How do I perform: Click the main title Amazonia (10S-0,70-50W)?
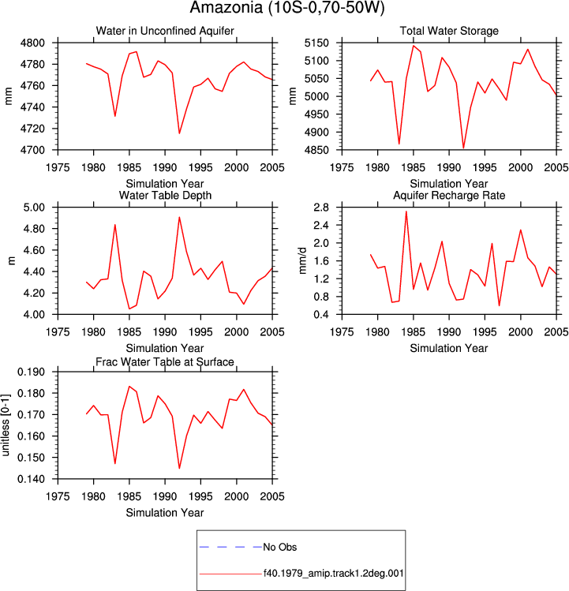pyautogui.click(x=287, y=8)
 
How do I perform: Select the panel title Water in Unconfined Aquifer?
pyautogui.click(x=165, y=31)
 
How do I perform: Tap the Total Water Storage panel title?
pyautogui.click(x=449, y=31)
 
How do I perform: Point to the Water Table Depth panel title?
pyautogui.click(x=165, y=195)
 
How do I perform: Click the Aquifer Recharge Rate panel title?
pyautogui.click(x=449, y=195)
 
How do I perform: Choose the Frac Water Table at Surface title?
pyautogui.click(x=165, y=362)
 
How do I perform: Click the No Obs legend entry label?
pyautogui.click(x=280, y=547)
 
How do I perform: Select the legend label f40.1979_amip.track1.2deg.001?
pyautogui.click(x=333, y=574)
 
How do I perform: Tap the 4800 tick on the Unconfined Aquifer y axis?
pyautogui.click(x=32, y=43)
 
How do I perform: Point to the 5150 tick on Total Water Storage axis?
pyautogui.click(x=316, y=43)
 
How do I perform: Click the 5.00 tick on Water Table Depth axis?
pyautogui.click(x=34, y=208)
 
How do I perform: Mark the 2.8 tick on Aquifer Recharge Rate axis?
pyautogui.click(x=321, y=208)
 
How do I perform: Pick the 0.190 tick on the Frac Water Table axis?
pyautogui.click(x=31, y=372)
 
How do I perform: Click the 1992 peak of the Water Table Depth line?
pyautogui.click(x=179, y=217)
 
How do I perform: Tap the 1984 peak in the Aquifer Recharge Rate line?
pyautogui.click(x=406, y=211)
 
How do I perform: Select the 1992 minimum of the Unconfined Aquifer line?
pyautogui.click(x=179, y=133)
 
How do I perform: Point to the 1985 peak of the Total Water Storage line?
pyautogui.click(x=414, y=46)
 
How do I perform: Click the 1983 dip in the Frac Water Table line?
pyautogui.click(x=115, y=464)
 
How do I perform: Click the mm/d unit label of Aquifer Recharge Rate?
pyautogui.click(x=302, y=261)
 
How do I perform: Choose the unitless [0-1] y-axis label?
pyautogui.click(x=6, y=425)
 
